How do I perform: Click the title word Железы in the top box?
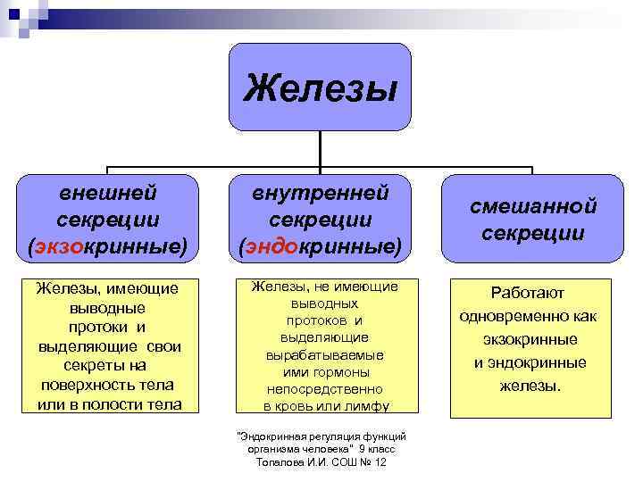[x=321, y=87]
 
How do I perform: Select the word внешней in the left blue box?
[x=108, y=192]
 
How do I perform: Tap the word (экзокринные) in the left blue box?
[x=108, y=245]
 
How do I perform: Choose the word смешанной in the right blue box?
[x=533, y=207]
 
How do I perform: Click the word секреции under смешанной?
[x=533, y=233]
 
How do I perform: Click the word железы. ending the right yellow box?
[x=529, y=386]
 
